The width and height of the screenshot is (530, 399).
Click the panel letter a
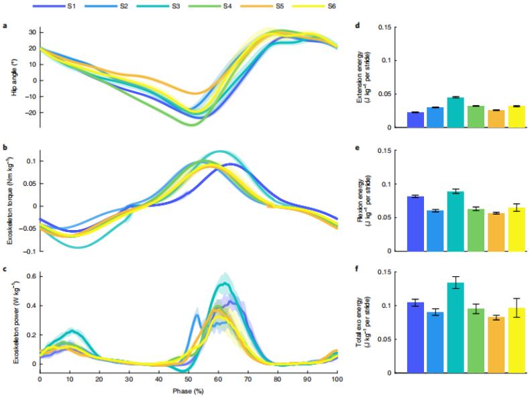pos(5,27)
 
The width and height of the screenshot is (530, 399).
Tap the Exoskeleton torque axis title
pos(13,202)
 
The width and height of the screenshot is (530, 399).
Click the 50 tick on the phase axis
pos(189,379)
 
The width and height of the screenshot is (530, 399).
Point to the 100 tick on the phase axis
pos(337,379)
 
